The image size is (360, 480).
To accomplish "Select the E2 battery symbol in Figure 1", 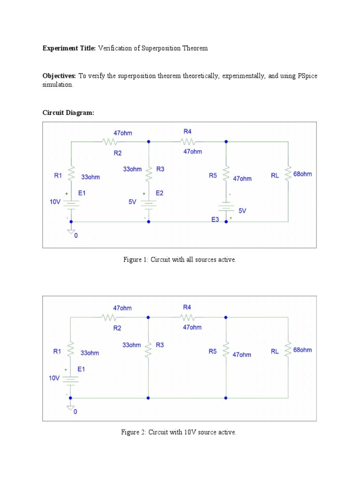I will point(149,202).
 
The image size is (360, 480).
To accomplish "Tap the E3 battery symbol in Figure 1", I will point(227,208).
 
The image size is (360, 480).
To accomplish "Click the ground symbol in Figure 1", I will point(71,231).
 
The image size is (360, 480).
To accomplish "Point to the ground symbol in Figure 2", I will point(71,407).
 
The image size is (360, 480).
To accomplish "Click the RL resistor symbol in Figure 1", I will point(288,174).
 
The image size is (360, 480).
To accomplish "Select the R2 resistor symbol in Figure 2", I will point(109,317).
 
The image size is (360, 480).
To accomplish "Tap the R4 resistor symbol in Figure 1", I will point(187,141).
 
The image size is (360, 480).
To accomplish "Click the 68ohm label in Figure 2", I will point(302,350).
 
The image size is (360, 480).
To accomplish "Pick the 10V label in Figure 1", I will point(55,202).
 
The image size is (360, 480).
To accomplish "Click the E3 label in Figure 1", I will point(215,219).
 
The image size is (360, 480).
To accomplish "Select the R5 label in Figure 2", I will point(213,352).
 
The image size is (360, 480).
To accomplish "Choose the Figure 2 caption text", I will point(179,432).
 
